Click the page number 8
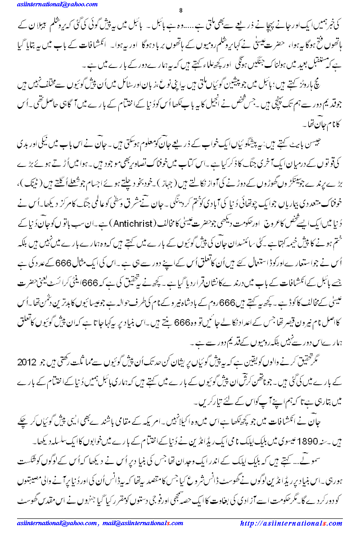(x=180, y=11)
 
